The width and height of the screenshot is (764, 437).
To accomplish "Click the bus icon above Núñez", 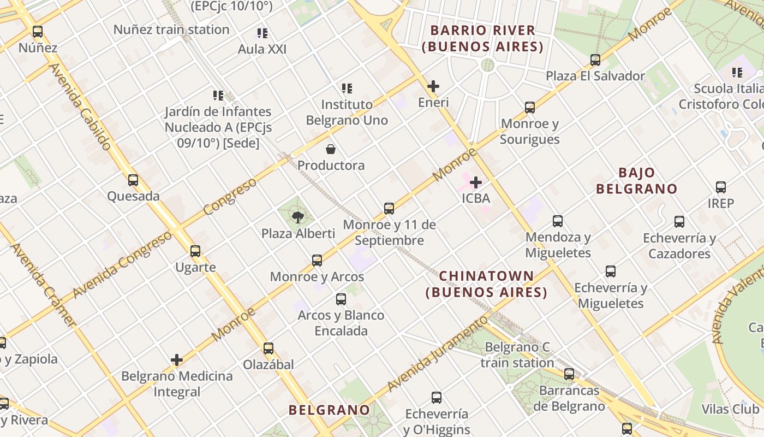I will (38, 32).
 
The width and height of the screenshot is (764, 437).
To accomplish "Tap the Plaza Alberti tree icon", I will (297, 217).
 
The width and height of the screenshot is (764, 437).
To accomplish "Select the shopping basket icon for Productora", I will (331, 149).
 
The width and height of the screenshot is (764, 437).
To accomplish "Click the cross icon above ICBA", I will (476, 182).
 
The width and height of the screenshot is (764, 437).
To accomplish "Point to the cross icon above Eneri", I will (433, 86).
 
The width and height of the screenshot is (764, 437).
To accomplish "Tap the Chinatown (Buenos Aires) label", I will (486, 284).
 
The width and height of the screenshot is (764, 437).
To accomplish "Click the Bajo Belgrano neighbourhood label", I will (636, 181).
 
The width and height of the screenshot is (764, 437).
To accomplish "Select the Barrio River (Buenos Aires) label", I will (482, 38).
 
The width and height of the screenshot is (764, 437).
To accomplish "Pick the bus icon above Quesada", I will (133, 180).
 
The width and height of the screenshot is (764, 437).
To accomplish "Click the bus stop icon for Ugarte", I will (195, 251).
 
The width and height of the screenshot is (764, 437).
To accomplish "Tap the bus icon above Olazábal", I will (268, 348).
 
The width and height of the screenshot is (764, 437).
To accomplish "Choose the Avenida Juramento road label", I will (437, 354).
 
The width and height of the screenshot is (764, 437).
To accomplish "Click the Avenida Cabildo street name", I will (80, 107).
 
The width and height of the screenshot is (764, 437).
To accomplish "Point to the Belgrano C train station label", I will (517, 355).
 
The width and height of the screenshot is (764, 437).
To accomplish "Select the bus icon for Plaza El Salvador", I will (595, 60).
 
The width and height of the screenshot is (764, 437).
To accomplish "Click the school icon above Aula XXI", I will (262, 33).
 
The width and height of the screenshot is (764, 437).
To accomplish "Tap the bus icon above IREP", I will (721, 187).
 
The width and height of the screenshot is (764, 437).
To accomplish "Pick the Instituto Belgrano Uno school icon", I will (347, 88).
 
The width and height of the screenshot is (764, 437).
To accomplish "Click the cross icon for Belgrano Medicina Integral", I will (177, 360).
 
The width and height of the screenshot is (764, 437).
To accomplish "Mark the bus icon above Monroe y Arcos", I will (317, 261).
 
